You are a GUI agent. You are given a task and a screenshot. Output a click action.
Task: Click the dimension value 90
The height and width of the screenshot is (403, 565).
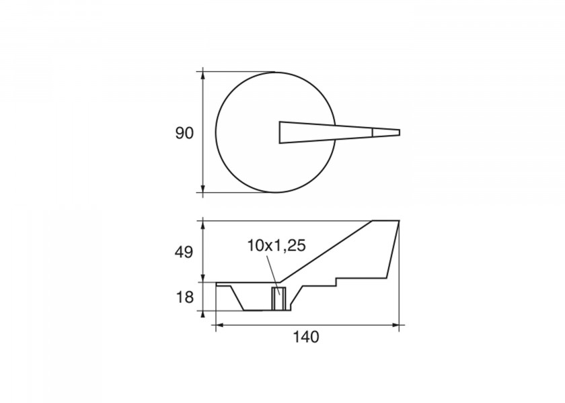tap(184, 134)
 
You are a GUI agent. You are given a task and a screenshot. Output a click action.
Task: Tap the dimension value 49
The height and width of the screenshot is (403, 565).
tap(184, 253)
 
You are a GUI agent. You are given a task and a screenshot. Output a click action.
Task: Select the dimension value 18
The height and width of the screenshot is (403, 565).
tap(184, 298)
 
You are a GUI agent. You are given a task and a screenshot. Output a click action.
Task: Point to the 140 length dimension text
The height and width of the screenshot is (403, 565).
tap(305, 337)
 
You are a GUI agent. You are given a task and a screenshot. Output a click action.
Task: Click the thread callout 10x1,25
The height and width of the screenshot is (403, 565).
tap(276, 245)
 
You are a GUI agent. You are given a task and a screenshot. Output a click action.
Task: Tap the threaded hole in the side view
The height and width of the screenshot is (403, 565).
tap(278, 299)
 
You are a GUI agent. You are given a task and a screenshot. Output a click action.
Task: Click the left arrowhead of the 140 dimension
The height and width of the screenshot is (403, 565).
tap(219, 325)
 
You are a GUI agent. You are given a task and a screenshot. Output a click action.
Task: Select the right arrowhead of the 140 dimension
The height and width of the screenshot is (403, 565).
tap(396, 325)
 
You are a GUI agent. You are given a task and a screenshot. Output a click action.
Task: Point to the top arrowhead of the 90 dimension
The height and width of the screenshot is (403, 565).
tap(203, 75)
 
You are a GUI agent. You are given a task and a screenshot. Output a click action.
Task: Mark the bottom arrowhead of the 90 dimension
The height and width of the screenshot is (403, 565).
tap(203, 189)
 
